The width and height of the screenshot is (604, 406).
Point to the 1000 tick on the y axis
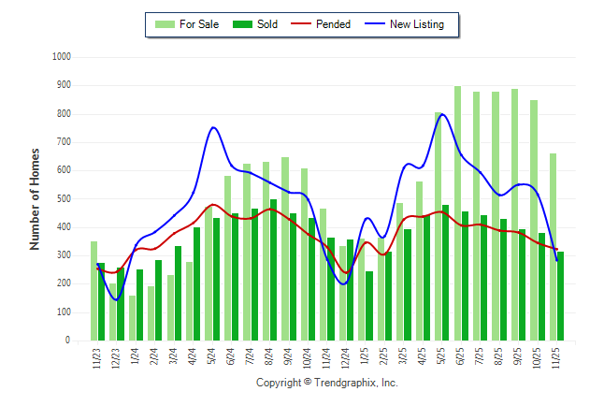pyautogui.click(x=62, y=57)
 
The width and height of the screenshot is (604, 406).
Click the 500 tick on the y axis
pyautogui.click(x=65, y=199)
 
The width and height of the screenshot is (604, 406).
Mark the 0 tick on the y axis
pyautogui.click(x=69, y=341)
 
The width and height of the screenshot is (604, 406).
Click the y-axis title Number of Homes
pyautogui.click(x=36, y=199)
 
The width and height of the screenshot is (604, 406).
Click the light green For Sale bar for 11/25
pyautogui.click(x=553, y=247)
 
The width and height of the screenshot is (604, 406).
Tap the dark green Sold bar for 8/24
pyautogui.click(x=272, y=270)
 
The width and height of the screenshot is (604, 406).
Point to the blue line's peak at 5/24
pyautogui.click(x=213, y=127)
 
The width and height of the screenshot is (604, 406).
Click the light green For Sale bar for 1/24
pyautogui.click(x=132, y=318)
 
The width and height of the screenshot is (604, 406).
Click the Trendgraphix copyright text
pyautogui.click(x=326, y=383)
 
